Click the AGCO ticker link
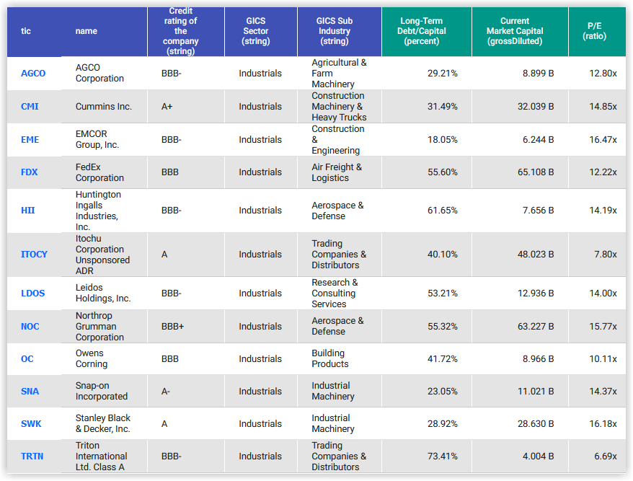(x=33, y=74)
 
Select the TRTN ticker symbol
(x=32, y=456)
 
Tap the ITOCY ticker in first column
(x=34, y=255)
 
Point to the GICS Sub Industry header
(x=334, y=31)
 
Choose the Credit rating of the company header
(x=180, y=31)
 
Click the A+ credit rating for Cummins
(x=167, y=107)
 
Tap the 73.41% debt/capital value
(x=442, y=456)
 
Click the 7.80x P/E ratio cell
(x=604, y=255)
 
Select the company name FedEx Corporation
(x=99, y=172)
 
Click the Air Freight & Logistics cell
(x=337, y=172)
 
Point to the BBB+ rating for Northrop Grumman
(x=172, y=327)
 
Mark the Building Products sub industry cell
(x=329, y=359)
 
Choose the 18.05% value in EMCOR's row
(x=442, y=140)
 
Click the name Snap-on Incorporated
(x=101, y=392)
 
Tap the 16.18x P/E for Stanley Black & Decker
(x=603, y=424)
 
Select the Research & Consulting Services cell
(x=335, y=294)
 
